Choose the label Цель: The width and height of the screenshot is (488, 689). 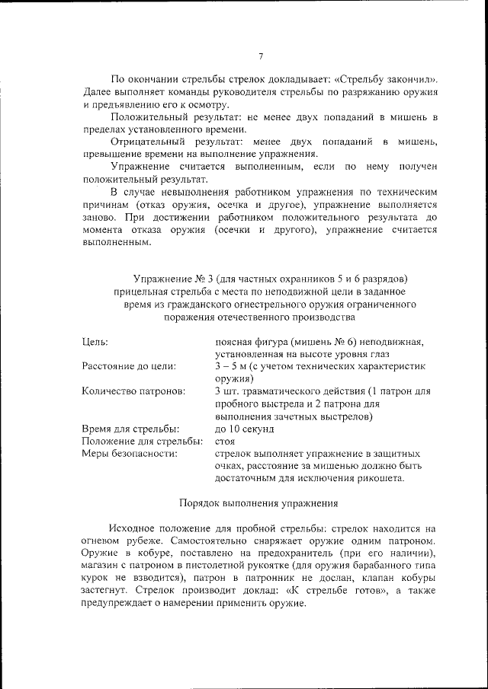95,342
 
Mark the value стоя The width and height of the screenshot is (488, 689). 226,442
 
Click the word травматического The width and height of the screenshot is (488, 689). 288,391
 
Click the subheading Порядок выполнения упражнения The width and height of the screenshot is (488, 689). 258,503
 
